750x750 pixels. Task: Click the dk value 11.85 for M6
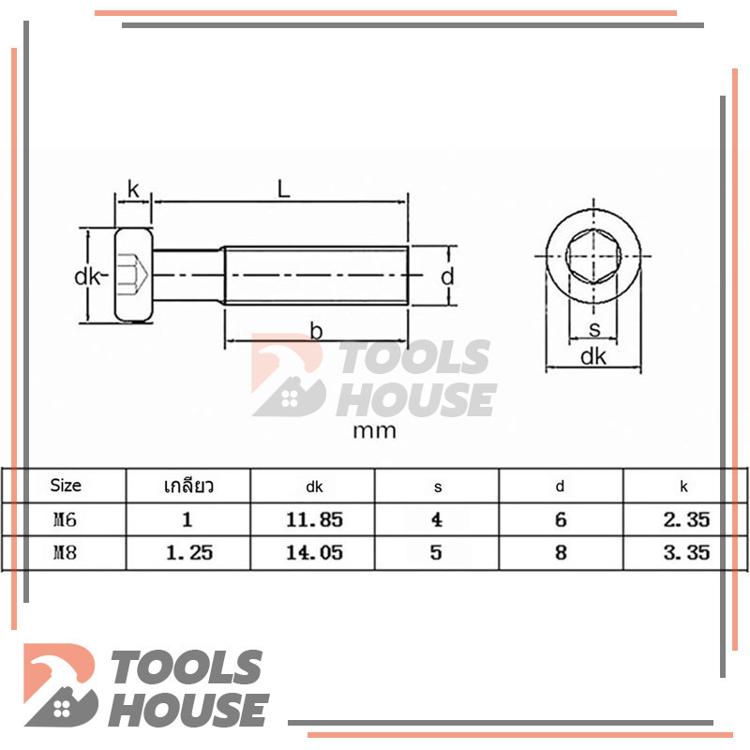(314, 520)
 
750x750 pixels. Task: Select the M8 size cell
(65, 553)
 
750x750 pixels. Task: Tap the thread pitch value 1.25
(189, 553)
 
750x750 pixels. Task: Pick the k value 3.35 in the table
(686, 553)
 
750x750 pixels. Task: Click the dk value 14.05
(314, 553)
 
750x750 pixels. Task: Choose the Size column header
(66, 486)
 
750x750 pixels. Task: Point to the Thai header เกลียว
(188, 486)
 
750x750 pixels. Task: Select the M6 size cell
(65, 520)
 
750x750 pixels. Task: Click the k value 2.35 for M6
(686, 520)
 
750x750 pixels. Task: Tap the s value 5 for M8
(436, 553)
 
